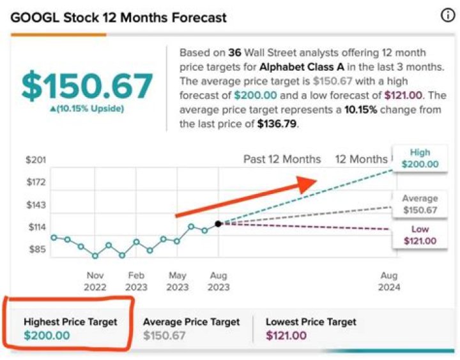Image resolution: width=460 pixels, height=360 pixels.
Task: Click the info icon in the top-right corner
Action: [448, 17]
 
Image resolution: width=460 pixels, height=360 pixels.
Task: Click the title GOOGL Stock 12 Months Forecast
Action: [119, 17]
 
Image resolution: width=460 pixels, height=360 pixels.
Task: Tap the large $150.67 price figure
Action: [87, 86]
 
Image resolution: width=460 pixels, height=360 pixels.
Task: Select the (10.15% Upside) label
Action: [87, 109]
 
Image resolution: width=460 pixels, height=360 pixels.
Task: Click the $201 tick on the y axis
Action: [36, 160]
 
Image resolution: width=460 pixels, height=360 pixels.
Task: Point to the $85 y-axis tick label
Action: [38, 250]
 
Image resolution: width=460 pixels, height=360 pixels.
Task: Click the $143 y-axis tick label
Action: [36, 204]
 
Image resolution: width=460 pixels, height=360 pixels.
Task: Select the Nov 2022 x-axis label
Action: [95, 281]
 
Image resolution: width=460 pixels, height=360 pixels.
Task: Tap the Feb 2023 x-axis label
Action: [136, 281]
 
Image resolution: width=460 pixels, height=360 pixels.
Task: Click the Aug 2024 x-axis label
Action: [389, 281]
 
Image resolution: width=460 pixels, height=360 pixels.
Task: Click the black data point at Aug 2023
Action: [218, 224]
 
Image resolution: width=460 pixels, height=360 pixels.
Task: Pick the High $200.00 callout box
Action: [420, 158]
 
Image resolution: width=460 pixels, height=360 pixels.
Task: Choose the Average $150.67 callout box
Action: [420, 204]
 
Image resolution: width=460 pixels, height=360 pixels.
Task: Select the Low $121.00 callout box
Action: [420, 235]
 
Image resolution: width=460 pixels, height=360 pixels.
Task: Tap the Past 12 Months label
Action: [282, 160]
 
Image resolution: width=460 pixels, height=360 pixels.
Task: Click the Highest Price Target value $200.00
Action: [47, 336]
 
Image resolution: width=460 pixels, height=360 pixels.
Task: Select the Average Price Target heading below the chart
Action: [191, 322]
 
